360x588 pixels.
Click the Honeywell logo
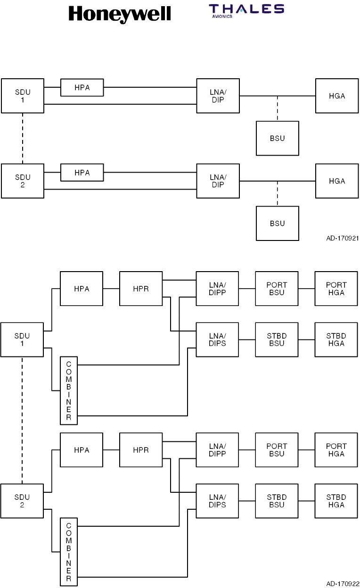tap(120, 14)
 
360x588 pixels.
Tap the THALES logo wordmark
tap(246, 9)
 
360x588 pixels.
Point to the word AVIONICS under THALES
tap(222, 17)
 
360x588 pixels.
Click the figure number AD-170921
tap(343, 238)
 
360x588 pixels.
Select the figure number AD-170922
tap(343, 584)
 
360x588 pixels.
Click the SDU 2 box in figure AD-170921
tap(23, 181)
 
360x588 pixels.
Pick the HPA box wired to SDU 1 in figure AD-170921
tap(82, 87)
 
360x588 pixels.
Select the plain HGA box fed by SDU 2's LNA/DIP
tap(337, 181)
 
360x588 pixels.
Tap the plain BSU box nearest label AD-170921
tap(278, 224)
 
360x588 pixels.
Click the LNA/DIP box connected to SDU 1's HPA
tap(218, 96)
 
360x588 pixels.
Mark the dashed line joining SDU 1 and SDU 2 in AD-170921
tap(23, 139)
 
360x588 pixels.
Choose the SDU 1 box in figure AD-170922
tap(22, 340)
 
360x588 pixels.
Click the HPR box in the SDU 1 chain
tap(141, 289)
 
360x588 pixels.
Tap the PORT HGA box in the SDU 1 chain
tap(336, 289)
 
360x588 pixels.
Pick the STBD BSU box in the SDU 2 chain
tap(277, 501)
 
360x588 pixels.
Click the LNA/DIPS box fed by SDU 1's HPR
tap(217, 340)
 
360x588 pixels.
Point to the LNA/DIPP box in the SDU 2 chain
tap(217, 450)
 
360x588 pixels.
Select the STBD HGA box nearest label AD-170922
tap(336, 501)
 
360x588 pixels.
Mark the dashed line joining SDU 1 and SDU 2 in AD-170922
tap(22, 420)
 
